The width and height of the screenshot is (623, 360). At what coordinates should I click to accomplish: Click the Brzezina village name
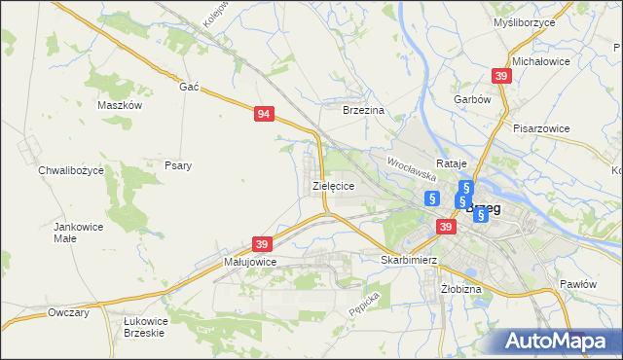[364, 111]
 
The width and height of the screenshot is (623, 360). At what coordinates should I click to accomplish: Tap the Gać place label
[189, 87]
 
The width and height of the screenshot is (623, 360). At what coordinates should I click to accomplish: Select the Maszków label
[121, 105]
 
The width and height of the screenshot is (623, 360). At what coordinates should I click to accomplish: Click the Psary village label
[177, 165]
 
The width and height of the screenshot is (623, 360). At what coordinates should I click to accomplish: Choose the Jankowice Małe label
[78, 232]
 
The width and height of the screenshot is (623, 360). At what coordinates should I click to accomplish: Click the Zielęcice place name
[332, 185]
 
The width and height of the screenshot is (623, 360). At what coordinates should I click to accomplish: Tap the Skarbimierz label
[409, 261]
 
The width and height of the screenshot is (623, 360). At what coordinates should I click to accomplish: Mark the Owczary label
[68, 313]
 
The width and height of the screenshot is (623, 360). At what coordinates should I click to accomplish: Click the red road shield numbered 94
[264, 114]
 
